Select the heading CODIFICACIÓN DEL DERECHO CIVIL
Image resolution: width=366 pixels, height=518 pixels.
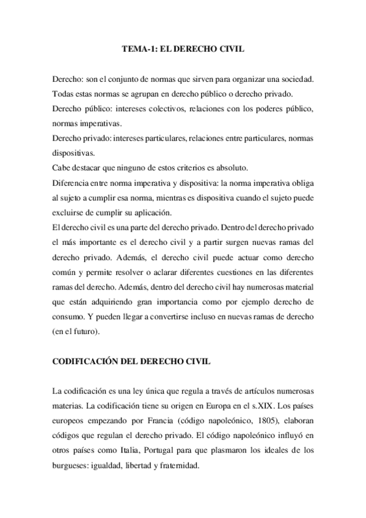click(131, 362)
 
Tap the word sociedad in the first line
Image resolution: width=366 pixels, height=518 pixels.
click(295, 80)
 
